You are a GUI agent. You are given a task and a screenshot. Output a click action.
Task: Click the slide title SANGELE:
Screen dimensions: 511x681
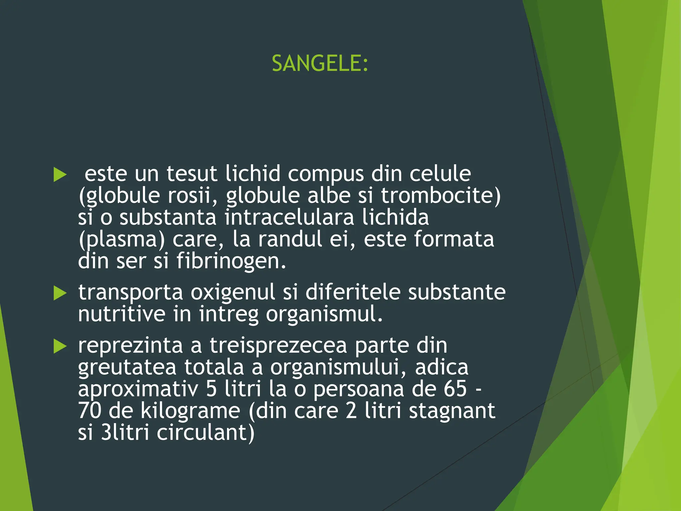point(320,63)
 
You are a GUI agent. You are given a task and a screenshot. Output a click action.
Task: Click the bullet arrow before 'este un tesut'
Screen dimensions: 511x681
point(60,175)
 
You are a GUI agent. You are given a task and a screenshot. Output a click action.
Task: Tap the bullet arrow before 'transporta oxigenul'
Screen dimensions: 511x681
point(60,293)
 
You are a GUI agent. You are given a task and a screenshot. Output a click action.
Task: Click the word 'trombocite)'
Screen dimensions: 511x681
point(441,196)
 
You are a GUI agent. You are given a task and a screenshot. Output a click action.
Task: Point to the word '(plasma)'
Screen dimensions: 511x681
point(122,240)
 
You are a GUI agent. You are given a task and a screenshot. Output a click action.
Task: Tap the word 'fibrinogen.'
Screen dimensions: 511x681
point(231,261)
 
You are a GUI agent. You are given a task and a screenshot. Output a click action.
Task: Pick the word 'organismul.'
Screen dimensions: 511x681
point(324,314)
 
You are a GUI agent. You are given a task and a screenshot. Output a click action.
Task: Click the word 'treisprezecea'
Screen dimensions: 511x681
point(278,346)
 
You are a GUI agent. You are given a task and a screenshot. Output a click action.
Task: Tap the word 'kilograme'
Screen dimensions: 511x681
point(190,411)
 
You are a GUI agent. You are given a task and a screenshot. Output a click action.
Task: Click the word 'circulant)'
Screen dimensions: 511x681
point(205,432)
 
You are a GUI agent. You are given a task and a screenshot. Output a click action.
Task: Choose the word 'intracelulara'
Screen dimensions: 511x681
point(289,217)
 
